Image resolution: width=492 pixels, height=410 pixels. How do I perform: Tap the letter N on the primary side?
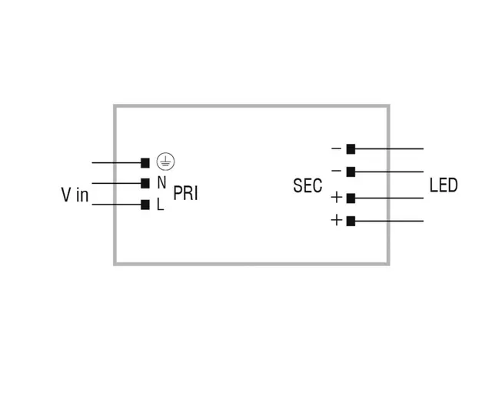[x=161, y=183]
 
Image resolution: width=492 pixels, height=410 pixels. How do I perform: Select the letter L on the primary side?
[x=160, y=205]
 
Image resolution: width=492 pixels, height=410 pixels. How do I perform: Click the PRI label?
[x=185, y=193]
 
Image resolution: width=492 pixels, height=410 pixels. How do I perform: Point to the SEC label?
[x=307, y=186]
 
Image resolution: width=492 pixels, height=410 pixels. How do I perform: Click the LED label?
[x=444, y=185]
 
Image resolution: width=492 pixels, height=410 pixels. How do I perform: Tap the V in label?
[x=75, y=195]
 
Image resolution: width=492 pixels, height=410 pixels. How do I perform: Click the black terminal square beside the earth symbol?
[x=145, y=163]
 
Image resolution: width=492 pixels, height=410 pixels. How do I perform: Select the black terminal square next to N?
[x=145, y=183]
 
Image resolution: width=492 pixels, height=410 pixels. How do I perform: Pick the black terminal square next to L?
[x=145, y=205]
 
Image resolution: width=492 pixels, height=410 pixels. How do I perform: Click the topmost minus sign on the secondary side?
[x=336, y=148]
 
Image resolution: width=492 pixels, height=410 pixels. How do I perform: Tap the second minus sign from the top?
[x=336, y=171]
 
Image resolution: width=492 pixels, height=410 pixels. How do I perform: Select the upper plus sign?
[x=336, y=198]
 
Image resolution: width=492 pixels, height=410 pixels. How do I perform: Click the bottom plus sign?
[x=336, y=221]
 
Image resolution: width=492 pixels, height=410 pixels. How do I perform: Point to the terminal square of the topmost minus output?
[x=351, y=148]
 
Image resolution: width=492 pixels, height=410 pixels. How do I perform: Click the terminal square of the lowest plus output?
[x=351, y=222]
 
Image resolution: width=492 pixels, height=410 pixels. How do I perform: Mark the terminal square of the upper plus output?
[x=351, y=198]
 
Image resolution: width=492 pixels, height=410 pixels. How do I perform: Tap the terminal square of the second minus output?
[x=351, y=172]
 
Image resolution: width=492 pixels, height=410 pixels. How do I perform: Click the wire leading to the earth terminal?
[x=115, y=163]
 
